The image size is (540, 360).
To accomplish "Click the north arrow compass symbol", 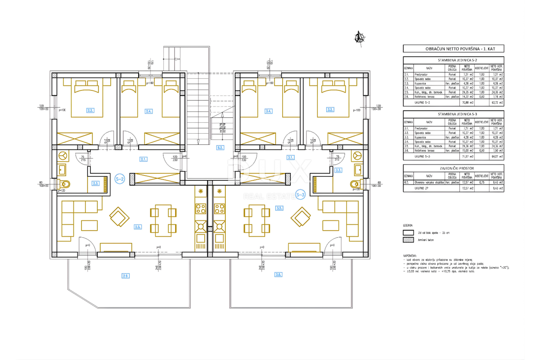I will (x=359, y=37).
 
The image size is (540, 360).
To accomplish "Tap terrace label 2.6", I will (x=126, y=275).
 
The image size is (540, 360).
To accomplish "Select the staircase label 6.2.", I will (x=220, y=147).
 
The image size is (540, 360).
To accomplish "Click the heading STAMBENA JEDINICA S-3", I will (x=453, y=114).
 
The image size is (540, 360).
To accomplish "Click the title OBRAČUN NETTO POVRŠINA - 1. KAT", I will (x=453, y=49).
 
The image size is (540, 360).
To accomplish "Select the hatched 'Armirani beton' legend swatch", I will (x=408, y=241).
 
